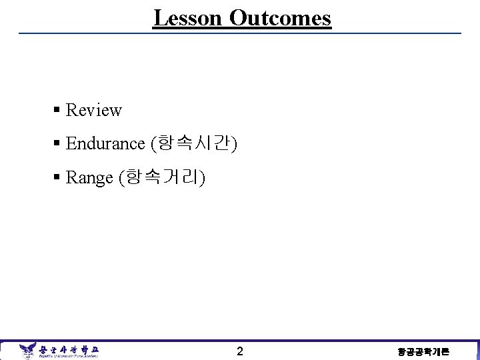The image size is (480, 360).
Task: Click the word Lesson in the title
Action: (188, 18)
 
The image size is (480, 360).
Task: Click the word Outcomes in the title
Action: (280, 18)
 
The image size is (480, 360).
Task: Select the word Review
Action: (94, 110)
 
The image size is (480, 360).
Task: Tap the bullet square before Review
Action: (58, 110)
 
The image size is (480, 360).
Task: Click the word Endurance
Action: (105, 143)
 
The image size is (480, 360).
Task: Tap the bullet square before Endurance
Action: (58, 143)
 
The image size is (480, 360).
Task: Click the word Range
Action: (89, 177)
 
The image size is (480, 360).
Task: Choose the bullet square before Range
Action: (58, 177)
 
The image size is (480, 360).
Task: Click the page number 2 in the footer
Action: (240, 351)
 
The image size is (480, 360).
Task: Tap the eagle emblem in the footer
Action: (27, 350)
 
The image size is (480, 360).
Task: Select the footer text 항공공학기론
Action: (423, 351)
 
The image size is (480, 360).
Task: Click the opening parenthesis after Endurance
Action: (153, 143)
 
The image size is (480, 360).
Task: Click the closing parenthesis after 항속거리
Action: (203, 177)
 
